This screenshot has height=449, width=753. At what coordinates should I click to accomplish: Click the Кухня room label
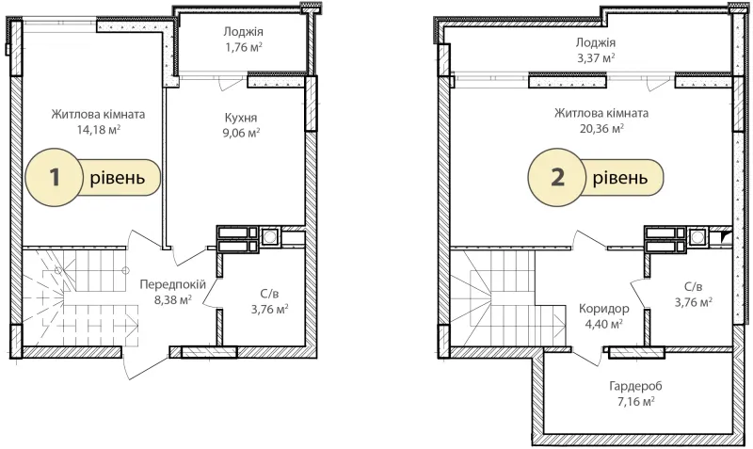click(241, 118)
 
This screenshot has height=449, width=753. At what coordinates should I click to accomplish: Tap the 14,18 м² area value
click(99, 129)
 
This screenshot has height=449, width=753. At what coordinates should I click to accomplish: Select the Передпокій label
click(173, 285)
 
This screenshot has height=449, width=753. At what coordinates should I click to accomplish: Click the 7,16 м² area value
click(636, 401)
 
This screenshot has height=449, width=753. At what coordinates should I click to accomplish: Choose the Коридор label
click(603, 309)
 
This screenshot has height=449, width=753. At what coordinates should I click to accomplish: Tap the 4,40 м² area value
click(603, 324)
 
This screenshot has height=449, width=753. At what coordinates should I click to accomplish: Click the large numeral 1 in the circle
click(55, 177)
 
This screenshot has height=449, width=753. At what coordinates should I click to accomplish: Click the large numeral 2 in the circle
click(558, 177)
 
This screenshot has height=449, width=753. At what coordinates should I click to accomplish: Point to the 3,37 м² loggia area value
click(596, 58)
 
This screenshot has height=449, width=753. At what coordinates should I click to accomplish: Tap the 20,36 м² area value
click(601, 128)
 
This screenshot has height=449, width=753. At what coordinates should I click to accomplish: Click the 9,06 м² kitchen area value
click(241, 133)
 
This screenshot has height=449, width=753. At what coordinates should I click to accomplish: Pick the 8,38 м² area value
click(173, 299)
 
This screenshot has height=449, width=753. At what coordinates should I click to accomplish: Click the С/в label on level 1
click(269, 294)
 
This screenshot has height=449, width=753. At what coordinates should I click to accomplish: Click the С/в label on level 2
click(693, 287)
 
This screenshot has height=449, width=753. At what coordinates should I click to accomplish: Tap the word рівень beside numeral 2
click(620, 178)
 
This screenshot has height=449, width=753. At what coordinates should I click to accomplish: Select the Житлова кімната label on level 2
click(601, 113)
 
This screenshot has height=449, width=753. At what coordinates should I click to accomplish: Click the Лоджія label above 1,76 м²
click(243, 32)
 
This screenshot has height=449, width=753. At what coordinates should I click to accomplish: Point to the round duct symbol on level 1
click(270, 236)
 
